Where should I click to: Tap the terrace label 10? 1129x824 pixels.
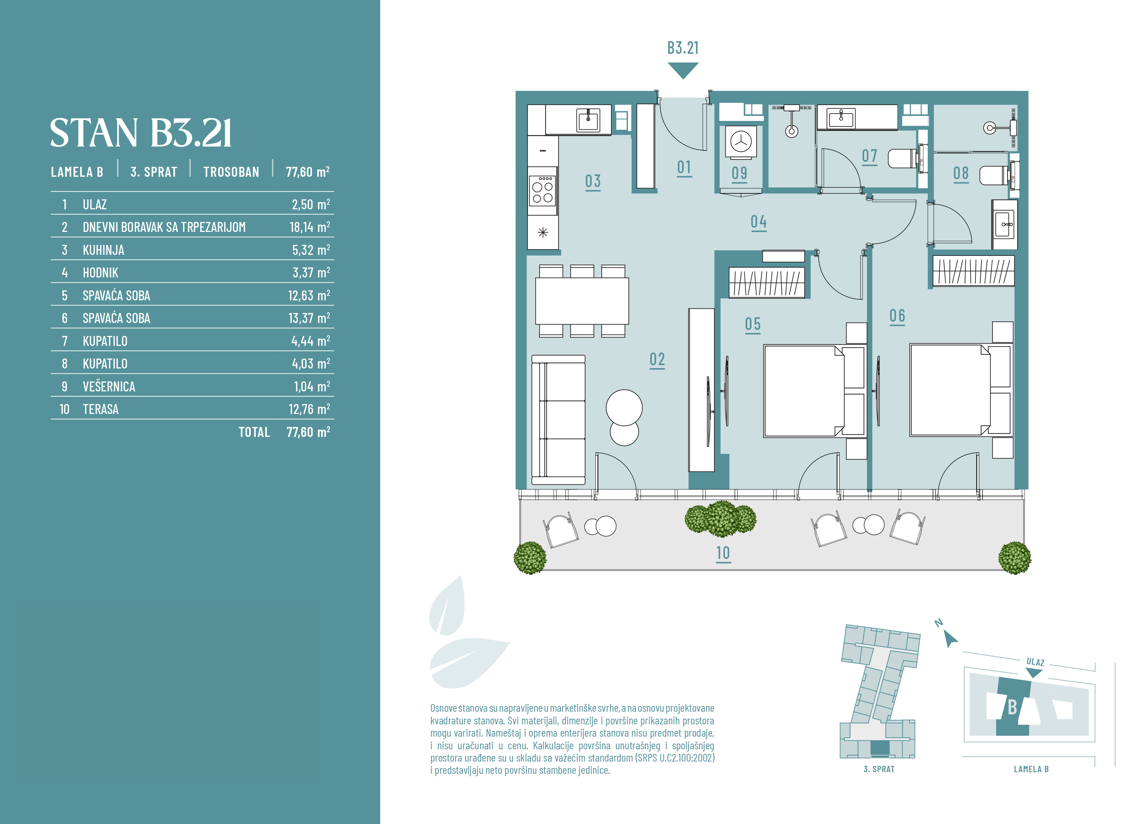coord(723,553)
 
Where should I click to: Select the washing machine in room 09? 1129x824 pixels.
coord(741,142)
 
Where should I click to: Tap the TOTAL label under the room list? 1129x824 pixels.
coord(254,432)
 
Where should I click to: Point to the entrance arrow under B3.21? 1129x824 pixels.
coord(683,70)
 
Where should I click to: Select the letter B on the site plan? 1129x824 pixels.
coord(1012,707)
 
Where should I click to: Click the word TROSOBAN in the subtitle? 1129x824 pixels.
coord(231,172)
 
